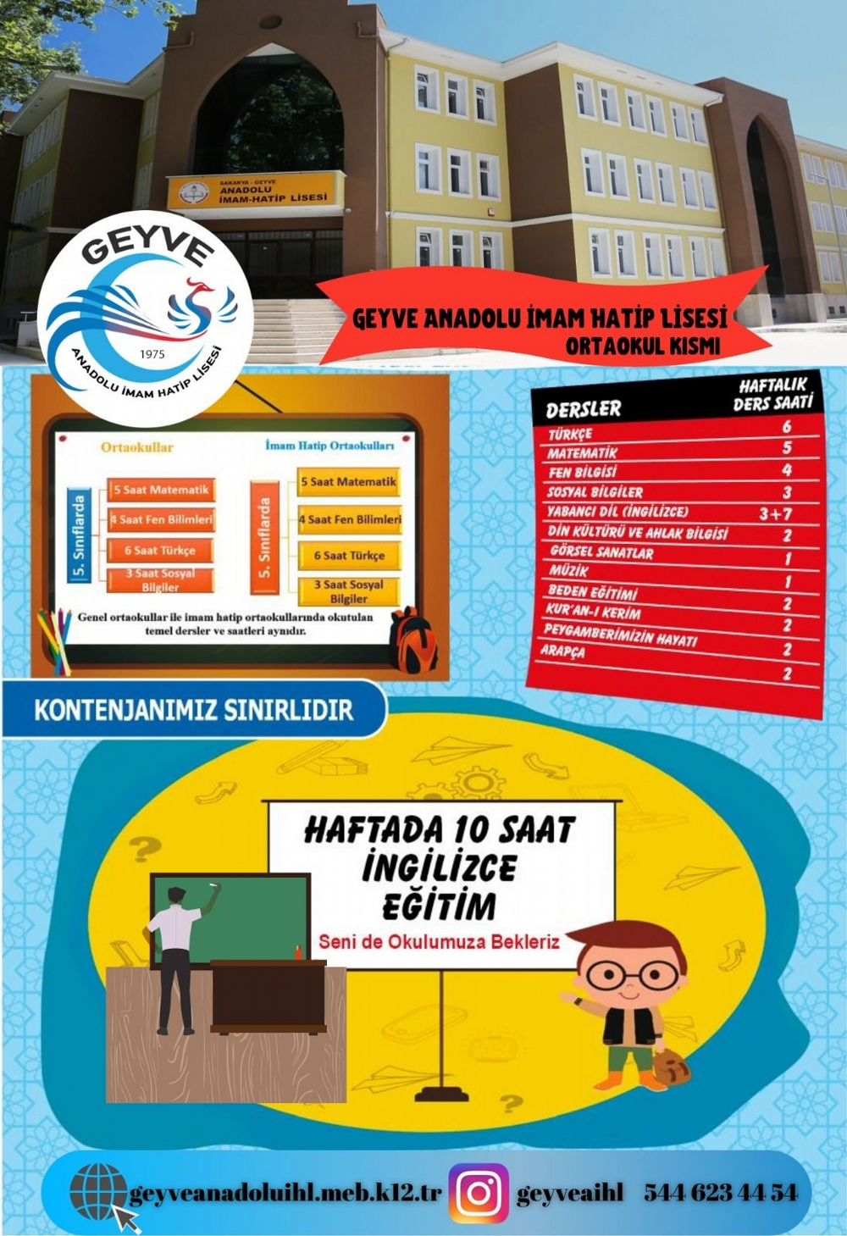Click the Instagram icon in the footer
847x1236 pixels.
point(479,1193)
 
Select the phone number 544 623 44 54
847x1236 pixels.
point(720,1193)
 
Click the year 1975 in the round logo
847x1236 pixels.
point(152,354)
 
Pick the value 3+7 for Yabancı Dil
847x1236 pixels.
point(775,513)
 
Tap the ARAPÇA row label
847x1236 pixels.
point(562,651)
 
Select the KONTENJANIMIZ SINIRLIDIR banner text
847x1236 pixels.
point(193,709)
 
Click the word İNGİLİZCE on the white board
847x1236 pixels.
point(439,867)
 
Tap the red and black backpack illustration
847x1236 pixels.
point(412,640)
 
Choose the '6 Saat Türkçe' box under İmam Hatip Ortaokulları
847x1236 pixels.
point(349,556)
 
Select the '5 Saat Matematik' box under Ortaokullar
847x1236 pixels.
point(161,490)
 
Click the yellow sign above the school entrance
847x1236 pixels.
point(257,191)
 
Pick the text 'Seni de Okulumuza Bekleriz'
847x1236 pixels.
point(439,941)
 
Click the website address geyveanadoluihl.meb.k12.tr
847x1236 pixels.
point(285,1193)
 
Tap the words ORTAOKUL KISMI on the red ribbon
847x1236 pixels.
point(643,346)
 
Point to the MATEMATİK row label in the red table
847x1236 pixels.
point(582,453)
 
